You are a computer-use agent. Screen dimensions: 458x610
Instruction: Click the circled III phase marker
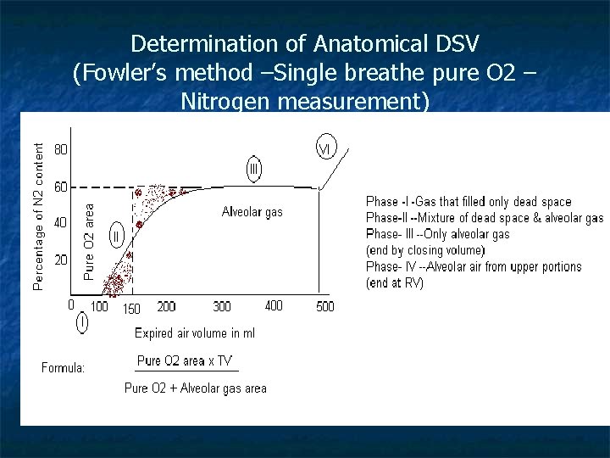coord(254,169)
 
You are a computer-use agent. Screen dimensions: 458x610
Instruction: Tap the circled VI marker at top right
coord(326,148)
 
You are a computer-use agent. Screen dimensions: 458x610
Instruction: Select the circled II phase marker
coord(117,233)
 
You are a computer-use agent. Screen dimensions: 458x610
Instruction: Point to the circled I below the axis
coord(82,321)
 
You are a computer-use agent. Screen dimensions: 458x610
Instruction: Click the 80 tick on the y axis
coord(62,149)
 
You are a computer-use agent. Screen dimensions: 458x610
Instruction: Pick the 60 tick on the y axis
coord(62,187)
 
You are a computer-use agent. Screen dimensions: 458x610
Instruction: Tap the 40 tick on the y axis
coord(61,223)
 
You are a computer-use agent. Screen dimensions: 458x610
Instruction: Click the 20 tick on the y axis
coord(61,260)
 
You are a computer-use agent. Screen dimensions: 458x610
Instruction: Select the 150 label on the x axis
coord(131,309)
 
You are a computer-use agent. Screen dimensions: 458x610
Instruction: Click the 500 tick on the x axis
coord(325,306)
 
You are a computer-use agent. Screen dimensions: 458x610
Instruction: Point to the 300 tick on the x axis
coord(222,306)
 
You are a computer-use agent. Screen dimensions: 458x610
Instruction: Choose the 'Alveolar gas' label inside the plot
coord(252,212)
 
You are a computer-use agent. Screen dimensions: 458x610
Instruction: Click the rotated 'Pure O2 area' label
coord(90,240)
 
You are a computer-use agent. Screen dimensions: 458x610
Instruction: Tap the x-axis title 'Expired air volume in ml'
coord(195,333)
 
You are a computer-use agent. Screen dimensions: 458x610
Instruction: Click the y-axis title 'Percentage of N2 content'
coord(38,215)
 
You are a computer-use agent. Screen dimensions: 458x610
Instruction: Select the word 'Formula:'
coord(64,367)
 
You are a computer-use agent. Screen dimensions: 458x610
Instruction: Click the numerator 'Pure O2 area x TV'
coord(184,360)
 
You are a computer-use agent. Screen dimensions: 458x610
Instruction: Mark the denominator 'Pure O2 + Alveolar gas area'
coord(196,388)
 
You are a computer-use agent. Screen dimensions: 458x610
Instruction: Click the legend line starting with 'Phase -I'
coord(469,202)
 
